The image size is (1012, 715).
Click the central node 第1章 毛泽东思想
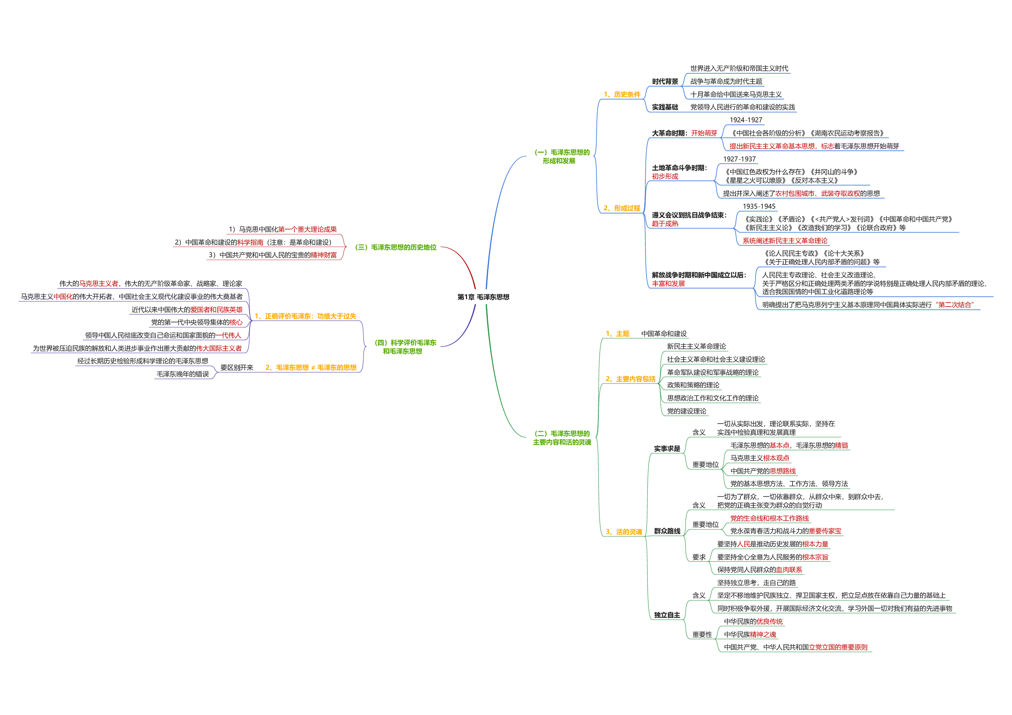[483, 297]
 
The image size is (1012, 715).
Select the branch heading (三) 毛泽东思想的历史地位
[396, 247]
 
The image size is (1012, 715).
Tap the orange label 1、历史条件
[622, 95]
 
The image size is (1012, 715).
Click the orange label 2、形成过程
[622, 208]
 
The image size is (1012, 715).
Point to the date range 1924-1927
[746, 120]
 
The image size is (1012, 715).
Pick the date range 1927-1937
[739, 159]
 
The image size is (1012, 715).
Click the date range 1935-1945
[759, 206]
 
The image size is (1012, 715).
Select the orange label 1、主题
[618, 334]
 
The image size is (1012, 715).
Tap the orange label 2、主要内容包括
[630, 379]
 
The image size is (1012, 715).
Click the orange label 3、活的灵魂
[624, 532]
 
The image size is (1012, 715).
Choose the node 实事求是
[667, 448]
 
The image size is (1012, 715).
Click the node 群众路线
[667, 531]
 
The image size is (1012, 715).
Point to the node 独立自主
[667, 615]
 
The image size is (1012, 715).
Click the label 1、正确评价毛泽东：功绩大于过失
[306, 316]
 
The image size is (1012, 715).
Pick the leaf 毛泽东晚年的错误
[183, 374]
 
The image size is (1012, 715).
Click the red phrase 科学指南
[250, 242]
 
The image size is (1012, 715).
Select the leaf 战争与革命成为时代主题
[726, 82]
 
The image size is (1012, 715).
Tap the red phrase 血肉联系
[789, 569]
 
